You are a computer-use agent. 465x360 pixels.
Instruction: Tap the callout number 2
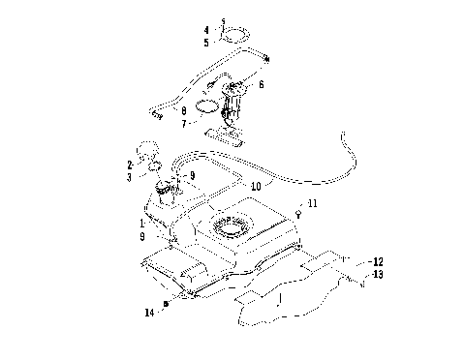coord(129,165)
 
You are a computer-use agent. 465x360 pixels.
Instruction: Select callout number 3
coord(129,177)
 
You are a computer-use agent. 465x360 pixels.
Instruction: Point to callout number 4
coord(206,30)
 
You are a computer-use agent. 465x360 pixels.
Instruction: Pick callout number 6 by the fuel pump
coord(261,84)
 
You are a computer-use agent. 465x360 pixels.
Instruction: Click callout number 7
coord(184,125)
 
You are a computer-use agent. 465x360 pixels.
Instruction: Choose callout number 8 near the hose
coord(184,110)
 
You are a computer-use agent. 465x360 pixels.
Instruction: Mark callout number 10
coord(256,185)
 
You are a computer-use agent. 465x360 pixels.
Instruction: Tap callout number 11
coord(312,204)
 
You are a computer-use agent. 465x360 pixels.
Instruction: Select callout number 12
coord(379,261)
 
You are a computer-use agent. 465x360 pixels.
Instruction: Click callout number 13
coord(379,274)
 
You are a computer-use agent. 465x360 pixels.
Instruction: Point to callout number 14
coord(150,312)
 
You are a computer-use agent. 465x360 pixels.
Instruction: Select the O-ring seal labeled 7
coord(205,106)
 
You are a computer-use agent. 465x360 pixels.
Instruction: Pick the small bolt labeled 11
coord(299,216)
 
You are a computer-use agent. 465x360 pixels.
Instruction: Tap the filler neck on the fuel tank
coord(161,194)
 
